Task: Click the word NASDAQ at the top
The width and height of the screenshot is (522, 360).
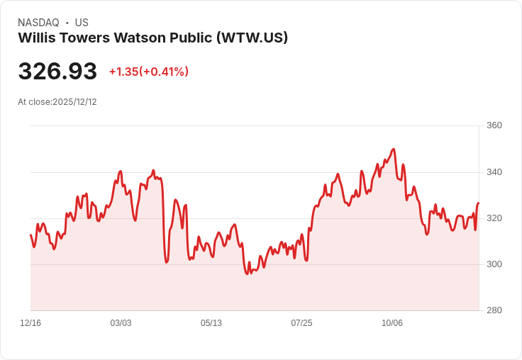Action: click(x=39, y=23)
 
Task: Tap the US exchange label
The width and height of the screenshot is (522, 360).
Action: click(x=82, y=23)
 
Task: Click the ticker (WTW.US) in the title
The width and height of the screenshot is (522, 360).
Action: click(x=252, y=38)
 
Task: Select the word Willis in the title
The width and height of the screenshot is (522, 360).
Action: click(x=38, y=38)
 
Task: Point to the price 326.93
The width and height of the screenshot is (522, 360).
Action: click(x=57, y=72)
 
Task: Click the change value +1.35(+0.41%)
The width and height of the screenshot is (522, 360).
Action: click(x=149, y=72)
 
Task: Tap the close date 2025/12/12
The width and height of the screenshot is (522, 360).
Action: click(x=74, y=102)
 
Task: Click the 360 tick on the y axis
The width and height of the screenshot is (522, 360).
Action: click(x=494, y=126)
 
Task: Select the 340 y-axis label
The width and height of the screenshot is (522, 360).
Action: click(x=494, y=172)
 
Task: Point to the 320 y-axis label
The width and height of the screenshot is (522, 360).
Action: click(x=494, y=218)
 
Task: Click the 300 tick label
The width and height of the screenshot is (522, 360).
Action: click(x=494, y=264)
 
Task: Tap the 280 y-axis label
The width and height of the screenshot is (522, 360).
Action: click(x=494, y=310)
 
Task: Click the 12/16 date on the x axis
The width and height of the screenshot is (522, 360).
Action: click(x=30, y=323)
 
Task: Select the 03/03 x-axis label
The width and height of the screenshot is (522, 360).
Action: click(x=121, y=323)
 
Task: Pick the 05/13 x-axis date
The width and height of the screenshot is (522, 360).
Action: click(x=211, y=323)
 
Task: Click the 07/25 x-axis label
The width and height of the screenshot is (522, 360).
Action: click(x=301, y=323)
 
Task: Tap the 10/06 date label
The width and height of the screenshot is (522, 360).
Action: click(x=392, y=323)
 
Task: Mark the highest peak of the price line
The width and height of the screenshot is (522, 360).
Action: click(x=394, y=149)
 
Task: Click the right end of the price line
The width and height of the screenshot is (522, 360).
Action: click(x=479, y=203)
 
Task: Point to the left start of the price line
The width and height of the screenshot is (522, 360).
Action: click(x=30, y=235)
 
